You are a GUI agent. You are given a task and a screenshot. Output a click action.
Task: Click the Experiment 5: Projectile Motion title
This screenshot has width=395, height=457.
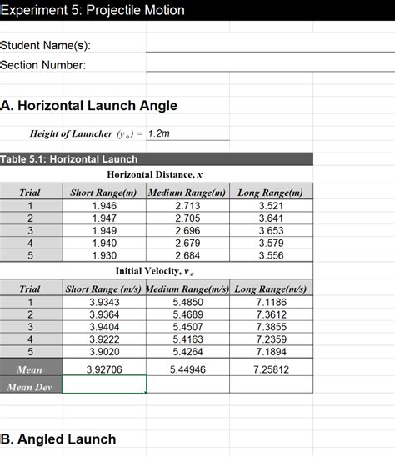tap(92, 11)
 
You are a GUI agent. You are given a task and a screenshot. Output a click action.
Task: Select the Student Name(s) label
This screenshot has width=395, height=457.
tap(46, 45)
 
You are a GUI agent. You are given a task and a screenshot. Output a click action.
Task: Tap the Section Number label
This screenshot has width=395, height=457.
tap(43, 65)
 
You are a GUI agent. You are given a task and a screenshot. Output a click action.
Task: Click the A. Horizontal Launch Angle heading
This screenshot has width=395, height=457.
tap(89, 106)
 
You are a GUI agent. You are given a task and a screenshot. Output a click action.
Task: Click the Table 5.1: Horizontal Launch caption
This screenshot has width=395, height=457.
tap(69, 159)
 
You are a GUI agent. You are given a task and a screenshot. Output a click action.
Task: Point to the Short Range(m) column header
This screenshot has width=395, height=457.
tap(104, 193)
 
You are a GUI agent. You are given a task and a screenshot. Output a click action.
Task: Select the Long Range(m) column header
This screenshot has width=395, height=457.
tap(271, 193)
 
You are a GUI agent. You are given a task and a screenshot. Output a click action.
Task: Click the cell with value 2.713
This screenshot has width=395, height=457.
tap(187, 205)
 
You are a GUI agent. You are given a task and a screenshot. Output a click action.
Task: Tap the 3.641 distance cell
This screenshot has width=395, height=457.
tap(271, 218)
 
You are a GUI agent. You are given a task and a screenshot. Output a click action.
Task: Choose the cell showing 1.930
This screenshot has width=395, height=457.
tap(104, 256)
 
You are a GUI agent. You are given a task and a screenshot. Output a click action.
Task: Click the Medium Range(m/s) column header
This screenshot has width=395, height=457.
tap(187, 289)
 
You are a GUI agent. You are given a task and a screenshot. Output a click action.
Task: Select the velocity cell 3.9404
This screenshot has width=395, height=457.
tap(104, 328)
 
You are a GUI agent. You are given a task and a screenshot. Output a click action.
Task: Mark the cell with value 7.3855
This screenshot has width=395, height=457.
tap(271, 328)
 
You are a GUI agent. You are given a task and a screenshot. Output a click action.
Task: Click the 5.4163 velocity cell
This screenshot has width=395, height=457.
tap(187, 340)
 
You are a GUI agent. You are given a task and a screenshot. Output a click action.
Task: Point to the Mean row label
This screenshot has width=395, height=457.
tap(31, 369)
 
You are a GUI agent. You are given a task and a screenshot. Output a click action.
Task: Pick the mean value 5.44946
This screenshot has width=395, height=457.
tap(187, 369)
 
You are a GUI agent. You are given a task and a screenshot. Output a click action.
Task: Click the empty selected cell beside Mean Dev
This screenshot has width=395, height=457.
tap(104, 385)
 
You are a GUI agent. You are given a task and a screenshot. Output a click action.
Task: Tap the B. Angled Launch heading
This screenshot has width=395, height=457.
tap(58, 439)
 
